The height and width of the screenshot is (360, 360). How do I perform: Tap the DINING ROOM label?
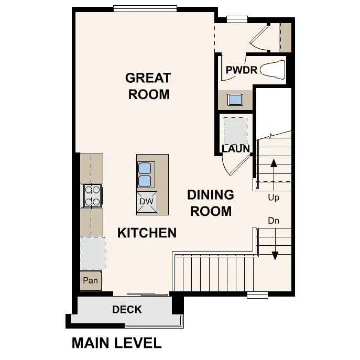point(211,203)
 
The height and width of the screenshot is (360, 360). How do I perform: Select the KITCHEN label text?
point(147,233)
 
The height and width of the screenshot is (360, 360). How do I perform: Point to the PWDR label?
point(241,70)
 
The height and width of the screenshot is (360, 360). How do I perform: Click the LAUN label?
point(235,149)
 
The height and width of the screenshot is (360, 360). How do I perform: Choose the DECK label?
point(127,310)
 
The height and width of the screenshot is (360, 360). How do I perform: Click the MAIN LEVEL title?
point(116,343)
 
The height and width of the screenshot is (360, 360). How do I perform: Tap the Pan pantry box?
point(91,281)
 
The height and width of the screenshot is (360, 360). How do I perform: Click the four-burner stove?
point(92,196)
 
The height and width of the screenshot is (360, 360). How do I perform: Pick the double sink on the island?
point(145,174)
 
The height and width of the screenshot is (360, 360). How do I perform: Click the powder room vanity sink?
point(235,99)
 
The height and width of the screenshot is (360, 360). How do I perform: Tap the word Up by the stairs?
point(274,198)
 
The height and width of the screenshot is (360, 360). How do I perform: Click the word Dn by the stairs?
point(274,221)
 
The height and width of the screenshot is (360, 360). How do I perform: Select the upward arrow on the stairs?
point(274,169)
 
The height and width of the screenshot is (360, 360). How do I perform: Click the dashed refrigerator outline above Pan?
point(92,253)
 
